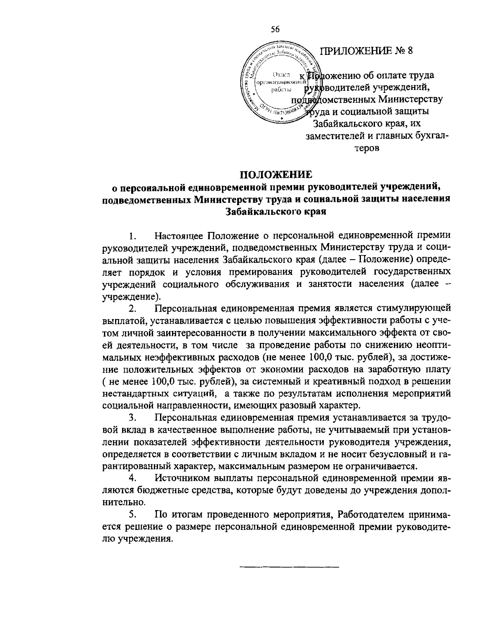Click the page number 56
click(x=275, y=29)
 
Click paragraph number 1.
click(x=132, y=237)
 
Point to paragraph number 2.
click(x=132, y=309)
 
